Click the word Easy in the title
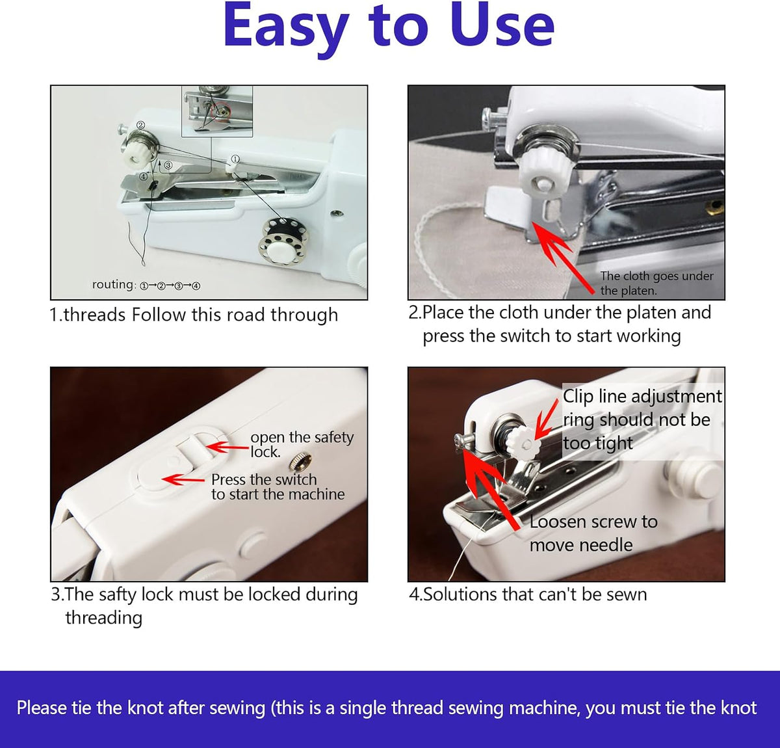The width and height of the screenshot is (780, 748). pos(286,27)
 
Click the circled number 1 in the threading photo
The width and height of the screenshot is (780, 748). pos(235,159)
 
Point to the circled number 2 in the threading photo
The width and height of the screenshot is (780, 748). pos(140,125)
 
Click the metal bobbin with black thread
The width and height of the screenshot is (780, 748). pos(283,241)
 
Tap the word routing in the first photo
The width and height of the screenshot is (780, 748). pos(114,284)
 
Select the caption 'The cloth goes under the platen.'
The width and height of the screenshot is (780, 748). pos(656,283)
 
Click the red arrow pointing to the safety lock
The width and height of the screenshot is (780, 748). pos(227,447)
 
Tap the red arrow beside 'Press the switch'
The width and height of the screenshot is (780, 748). pos(183,479)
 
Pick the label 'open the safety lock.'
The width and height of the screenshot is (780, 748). pos(302,444)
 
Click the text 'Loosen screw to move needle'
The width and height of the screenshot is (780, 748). pos(593,534)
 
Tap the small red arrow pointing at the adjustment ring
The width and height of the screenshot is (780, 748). pos(546,420)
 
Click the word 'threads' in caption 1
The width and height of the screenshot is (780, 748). pos(95,315)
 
